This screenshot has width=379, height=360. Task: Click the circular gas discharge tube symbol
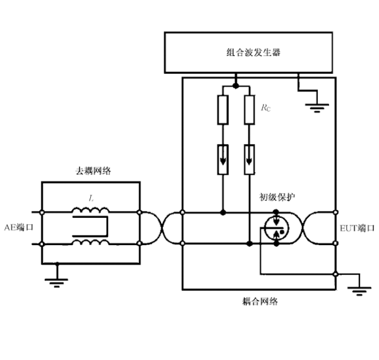(274, 228)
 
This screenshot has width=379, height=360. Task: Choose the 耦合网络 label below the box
(260, 301)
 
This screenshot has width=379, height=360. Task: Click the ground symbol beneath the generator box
(312, 104)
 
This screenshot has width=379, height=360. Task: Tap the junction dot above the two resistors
(236, 85)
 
